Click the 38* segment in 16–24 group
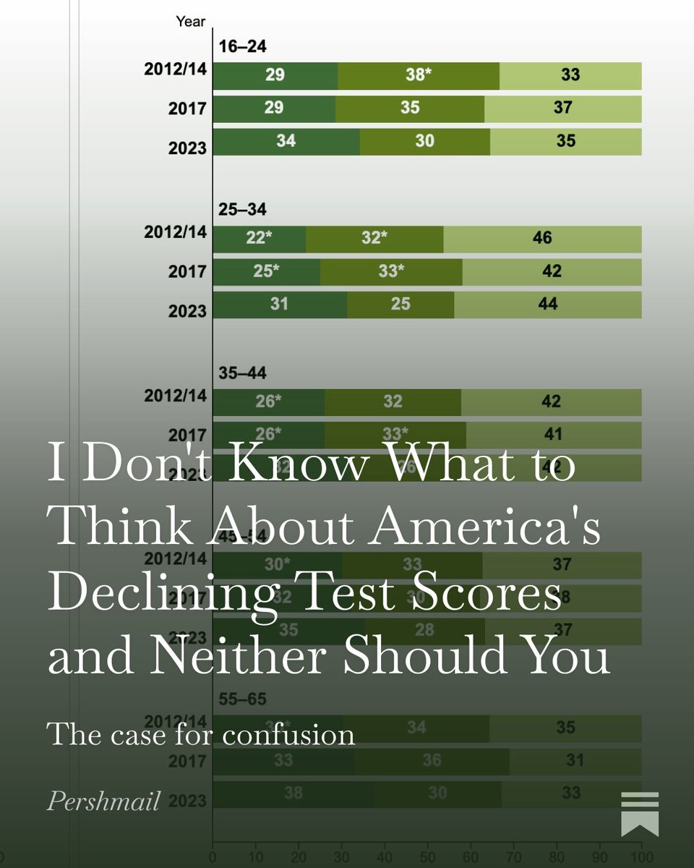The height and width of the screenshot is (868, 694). [418, 75]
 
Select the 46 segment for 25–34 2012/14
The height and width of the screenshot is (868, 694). [542, 239]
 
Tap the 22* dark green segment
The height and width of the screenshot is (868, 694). [259, 239]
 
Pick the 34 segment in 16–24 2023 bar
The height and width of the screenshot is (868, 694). [286, 141]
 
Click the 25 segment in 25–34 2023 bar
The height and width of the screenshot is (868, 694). [400, 305]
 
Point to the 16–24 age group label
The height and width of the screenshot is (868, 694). [242, 48]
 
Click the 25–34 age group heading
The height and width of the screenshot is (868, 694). [242, 210]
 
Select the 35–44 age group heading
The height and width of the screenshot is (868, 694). [242, 373]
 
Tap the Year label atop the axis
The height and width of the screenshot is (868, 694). [191, 21]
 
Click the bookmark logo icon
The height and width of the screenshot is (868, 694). [640, 813]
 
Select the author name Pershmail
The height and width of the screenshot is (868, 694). [103, 801]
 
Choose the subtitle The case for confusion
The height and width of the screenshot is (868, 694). [201, 734]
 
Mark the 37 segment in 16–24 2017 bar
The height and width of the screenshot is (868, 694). [562, 108]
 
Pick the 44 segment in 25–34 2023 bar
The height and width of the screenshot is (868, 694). [547, 305]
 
